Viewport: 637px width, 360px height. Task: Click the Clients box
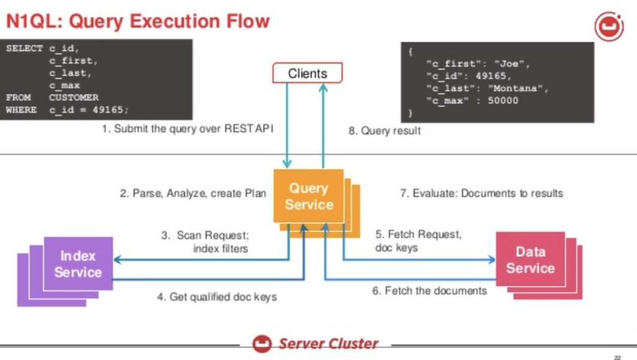tap(307, 73)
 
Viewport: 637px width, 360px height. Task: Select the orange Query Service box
tap(308, 196)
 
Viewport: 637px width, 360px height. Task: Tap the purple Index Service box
tap(78, 264)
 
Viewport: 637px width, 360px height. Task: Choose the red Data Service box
tap(530, 260)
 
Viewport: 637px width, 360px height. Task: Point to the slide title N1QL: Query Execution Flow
tap(137, 22)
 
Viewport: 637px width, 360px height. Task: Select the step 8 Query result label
tap(384, 131)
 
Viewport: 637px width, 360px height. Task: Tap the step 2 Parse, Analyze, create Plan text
tap(193, 193)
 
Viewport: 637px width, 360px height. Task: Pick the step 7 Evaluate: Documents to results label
tap(481, 193)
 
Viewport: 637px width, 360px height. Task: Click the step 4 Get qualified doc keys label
tap(216, 297)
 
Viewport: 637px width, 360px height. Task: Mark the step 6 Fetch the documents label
tap(429, 290)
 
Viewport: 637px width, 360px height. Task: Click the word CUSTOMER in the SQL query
tap(73, 98)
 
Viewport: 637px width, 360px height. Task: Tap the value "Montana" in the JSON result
tap(521, 88)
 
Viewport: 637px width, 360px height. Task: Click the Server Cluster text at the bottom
tap(328, 343)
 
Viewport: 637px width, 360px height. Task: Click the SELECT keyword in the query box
tap(24, 48)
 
